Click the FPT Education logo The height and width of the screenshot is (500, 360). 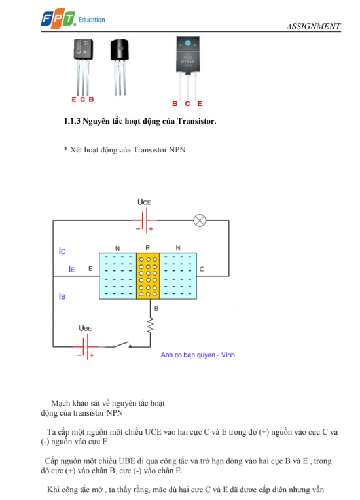[x=73, y=19]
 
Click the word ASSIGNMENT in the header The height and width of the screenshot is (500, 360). [x=314, y=26]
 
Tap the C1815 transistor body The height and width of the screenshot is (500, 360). [x=83, y=50]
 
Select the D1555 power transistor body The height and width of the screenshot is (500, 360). [x=188, y=54]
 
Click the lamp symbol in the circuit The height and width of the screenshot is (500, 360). [x=200, y=221]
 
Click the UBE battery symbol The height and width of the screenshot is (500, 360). [x=86, y=347]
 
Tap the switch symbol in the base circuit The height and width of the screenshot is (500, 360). [x=122, y=345]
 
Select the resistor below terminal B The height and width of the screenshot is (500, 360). [x=150, y=325]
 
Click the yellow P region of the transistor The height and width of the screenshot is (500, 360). [x=148, y=276]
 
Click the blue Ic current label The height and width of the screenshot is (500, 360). [x=62, y=251]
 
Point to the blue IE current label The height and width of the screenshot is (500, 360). [x=72, y=270]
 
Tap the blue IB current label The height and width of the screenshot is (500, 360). [x=62, y=296]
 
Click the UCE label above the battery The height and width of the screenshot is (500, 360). [x=144, y=202]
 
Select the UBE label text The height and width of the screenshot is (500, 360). [x=85, y=328]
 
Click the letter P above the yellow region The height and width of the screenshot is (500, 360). [x=147, y=248]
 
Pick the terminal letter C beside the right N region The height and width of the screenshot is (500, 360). [x=202, y=269]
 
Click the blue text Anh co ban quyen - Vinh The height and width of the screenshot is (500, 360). [x=198, y=355]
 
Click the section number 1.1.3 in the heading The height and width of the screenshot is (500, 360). [x=72, y=121]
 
